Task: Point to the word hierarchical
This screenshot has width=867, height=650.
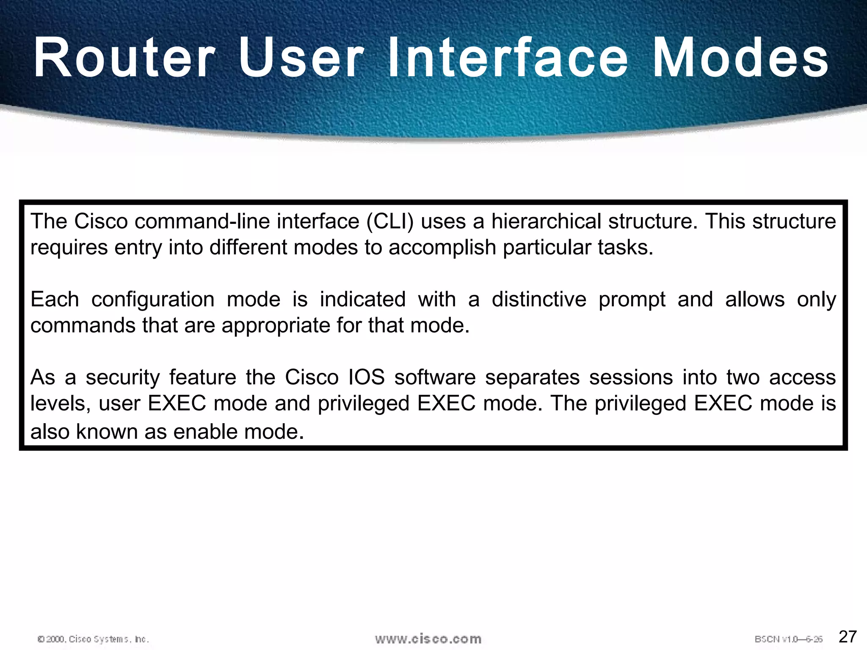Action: pos(546,222)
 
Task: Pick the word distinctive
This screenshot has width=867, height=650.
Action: pos(539,300)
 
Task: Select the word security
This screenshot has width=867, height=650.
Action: pos(122,378)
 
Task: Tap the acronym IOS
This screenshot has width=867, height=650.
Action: pos(366,377)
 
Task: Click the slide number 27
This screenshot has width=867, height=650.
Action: pos(848,636)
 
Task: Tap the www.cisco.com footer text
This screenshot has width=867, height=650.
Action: pos(428,639)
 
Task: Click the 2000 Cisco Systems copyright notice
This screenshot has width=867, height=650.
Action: pos(93,639)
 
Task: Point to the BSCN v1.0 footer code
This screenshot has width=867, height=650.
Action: pos(788,639)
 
